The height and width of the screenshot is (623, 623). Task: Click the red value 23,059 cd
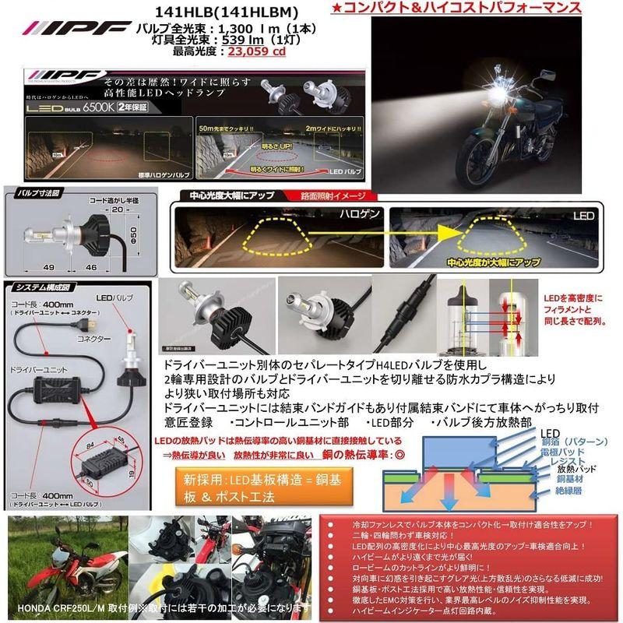[248, 53]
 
